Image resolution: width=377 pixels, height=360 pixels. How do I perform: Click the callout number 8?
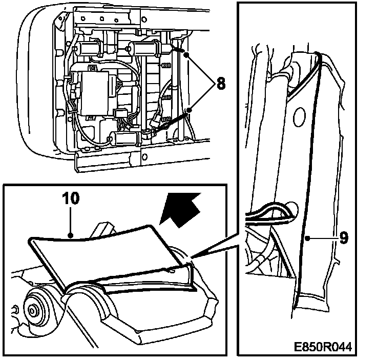[220, 83]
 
